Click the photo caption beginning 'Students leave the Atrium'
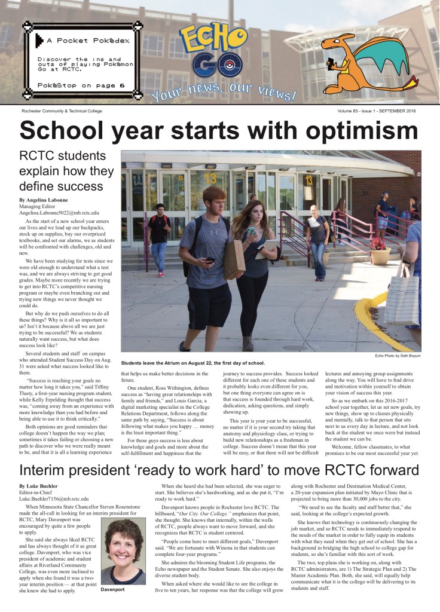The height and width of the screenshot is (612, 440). pos(194,363)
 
